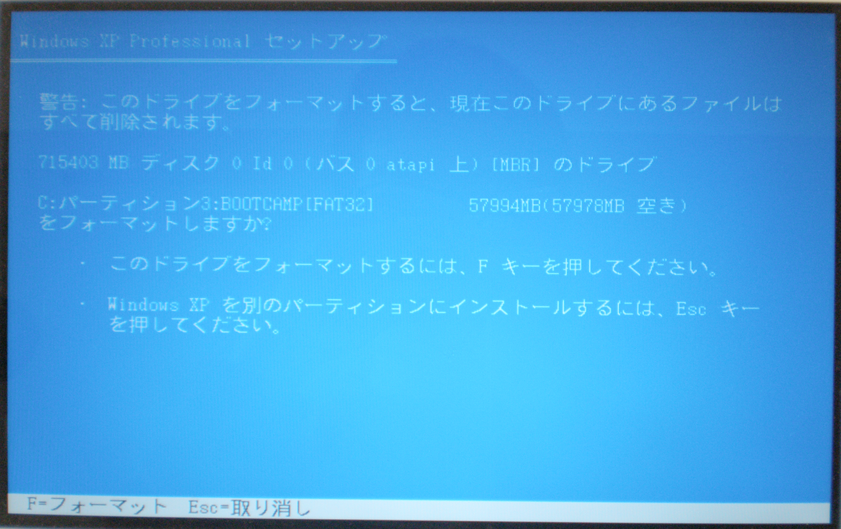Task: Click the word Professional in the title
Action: click(x=190, y=41)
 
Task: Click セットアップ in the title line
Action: click(x=325, y=41)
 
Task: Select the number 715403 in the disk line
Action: click(x=68, y=162)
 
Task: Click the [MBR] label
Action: click(x=515, y=164)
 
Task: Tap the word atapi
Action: click(x=411, y=164)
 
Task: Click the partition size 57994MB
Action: click(x=505, y=205)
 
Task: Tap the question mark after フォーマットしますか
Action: click(x=266, y=225)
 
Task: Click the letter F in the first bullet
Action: click(x=483, y=266)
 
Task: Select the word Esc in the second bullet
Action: click(x=691, y=309)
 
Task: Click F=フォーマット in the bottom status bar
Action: click(x=97, y=506)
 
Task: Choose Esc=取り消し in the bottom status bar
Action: click(x=249, y=508)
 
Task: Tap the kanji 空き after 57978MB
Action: click(x=656, y=206)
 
